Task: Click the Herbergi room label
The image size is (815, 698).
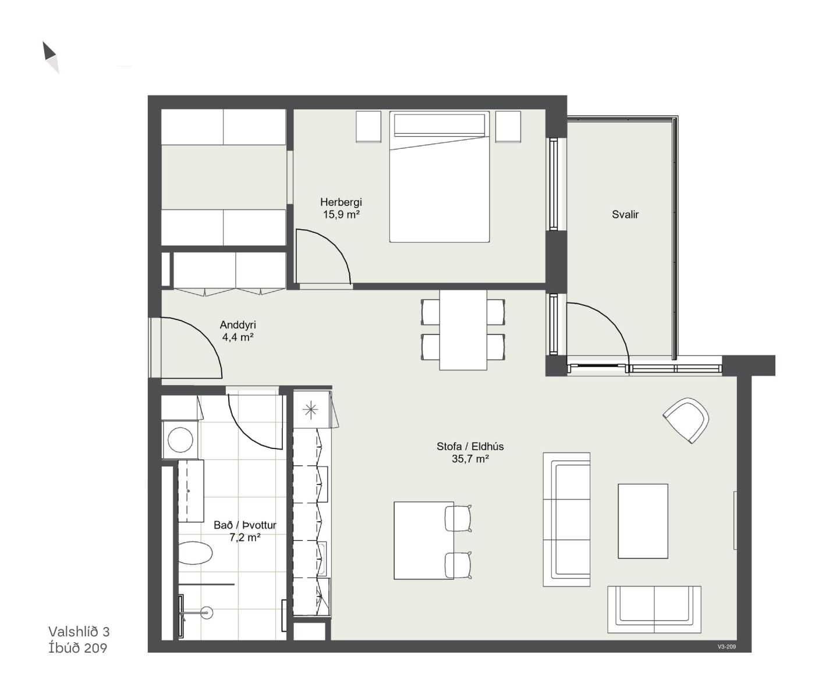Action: (x=341, y=202)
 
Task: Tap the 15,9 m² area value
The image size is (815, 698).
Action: (x=341, y=215)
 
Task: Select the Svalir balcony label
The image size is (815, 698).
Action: (x=625, y=215)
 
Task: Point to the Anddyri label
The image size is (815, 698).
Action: (x=238, y=325)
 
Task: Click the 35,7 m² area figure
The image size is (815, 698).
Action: (x=470, y=459)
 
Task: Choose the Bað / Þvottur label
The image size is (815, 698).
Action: (x=245, y=525)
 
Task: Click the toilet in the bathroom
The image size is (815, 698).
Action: (x=195, y=553)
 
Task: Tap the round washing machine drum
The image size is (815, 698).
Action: (x=180, y=440)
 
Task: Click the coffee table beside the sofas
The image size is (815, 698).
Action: (x=643, y=521)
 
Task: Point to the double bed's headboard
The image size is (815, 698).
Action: (x=440, y=124)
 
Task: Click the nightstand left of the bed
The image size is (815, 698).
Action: (x=368, y=126)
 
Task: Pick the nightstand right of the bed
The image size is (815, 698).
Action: (x=508, y=126)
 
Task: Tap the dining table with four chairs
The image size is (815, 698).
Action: (x=463, y=330)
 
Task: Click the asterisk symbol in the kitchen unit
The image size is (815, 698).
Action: (x=310, y=410)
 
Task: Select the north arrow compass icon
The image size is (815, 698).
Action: (x=51, y=58)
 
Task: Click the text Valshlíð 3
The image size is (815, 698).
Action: (x=79, y=632)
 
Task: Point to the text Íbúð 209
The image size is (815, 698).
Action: (x=77, y=648)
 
